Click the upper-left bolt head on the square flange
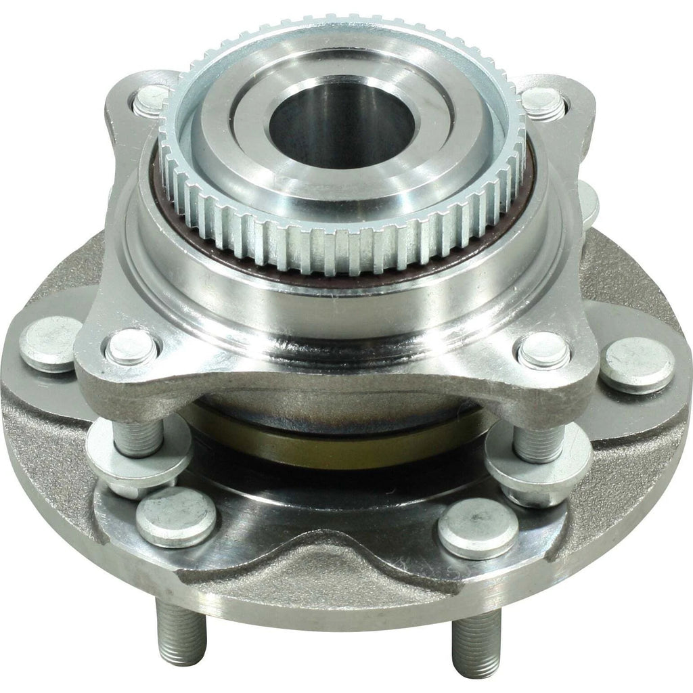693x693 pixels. pyautogui.click(x=150, y=102)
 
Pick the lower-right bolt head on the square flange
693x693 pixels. pyautogui.click(x=543, y=351)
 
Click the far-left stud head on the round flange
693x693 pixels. pyautogui.click(x=51, y=344)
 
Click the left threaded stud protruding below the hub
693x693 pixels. pyautogui.click(x=179, y=632)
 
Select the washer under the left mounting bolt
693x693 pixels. pyautogui.click(x=139, y=460)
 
